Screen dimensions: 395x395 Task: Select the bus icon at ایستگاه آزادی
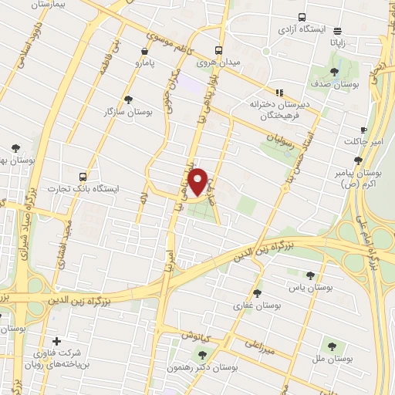tap(301, 17)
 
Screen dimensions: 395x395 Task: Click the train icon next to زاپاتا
tap(339, 32)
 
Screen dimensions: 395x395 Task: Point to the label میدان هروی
tap(215, 62)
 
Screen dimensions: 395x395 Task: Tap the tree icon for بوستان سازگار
tap(128, 98)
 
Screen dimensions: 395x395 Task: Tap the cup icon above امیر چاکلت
tap(364, 130)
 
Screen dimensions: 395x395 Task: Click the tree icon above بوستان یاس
tap(310, 275)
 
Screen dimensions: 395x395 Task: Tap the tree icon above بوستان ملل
tap(333, 346)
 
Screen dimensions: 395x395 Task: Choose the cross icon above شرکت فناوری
tap(56, 341)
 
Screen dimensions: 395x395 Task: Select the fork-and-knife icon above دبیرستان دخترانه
tap(279, 92)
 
